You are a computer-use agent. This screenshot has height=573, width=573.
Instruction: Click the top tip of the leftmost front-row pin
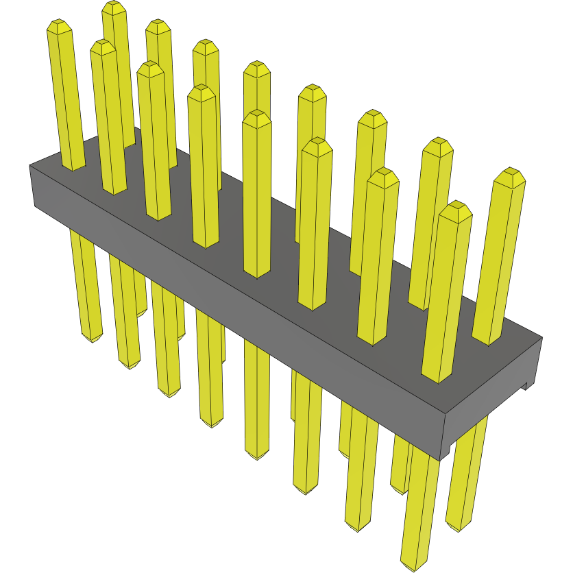(60, 26)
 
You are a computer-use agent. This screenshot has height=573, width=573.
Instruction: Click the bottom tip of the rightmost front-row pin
(415, 566)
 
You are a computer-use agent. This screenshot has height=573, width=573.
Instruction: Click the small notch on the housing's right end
(528, 385)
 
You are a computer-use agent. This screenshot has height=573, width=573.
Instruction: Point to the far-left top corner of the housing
(29, 165)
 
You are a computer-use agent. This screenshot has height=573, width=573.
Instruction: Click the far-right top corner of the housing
(542, 337)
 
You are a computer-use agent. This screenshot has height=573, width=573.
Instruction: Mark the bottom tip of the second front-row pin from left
(130, 365)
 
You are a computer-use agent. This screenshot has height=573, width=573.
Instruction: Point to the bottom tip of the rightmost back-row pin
(460, 528)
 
